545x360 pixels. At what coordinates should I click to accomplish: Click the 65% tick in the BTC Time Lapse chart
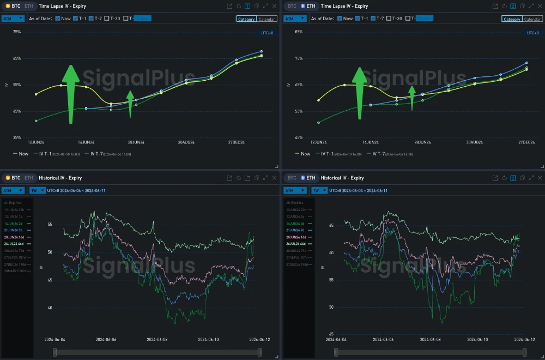point(17,58)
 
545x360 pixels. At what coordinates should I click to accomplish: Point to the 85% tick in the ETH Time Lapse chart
point(299,32)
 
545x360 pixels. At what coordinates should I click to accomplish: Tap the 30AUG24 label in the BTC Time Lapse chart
point(186,142)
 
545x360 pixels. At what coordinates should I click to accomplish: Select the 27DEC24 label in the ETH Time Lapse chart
point(526,142)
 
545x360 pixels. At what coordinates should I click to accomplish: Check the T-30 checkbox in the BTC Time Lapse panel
point(107,19)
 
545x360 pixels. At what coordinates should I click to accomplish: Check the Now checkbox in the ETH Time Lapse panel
point(340,19)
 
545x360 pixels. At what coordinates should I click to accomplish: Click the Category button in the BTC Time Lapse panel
point(246,19)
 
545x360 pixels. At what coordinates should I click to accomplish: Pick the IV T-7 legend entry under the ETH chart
point(389,154)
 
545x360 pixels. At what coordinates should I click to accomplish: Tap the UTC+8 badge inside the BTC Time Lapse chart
point(267,33)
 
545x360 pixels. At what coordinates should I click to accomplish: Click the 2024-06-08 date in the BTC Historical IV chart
point(158,339)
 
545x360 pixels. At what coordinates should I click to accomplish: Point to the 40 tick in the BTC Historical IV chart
point(50,308)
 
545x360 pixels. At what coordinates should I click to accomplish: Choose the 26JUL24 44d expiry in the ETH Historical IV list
point(299,244)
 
